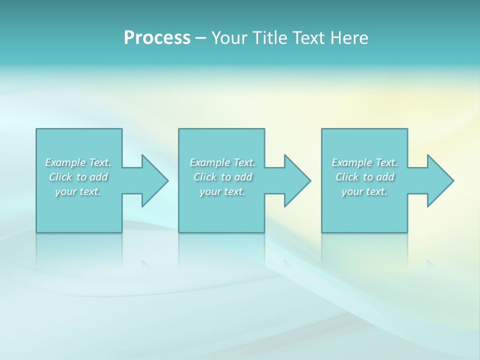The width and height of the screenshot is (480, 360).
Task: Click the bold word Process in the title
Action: click(157, 38)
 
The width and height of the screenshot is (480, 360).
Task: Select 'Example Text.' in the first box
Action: click(78, 162)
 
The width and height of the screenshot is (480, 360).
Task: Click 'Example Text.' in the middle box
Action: click(222, 162)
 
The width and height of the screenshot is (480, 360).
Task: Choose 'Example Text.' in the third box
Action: click(364, 162)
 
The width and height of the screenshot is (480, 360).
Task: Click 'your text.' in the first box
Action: click(78, 191)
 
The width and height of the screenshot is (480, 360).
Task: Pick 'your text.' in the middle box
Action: click(222, 191)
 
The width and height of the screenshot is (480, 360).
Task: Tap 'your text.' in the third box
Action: click(364, 191)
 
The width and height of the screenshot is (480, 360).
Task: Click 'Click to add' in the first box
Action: click(78, 177)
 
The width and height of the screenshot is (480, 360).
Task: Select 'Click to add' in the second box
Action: click(222, 177)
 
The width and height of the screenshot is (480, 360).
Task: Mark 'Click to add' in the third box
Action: click(364, 177)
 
